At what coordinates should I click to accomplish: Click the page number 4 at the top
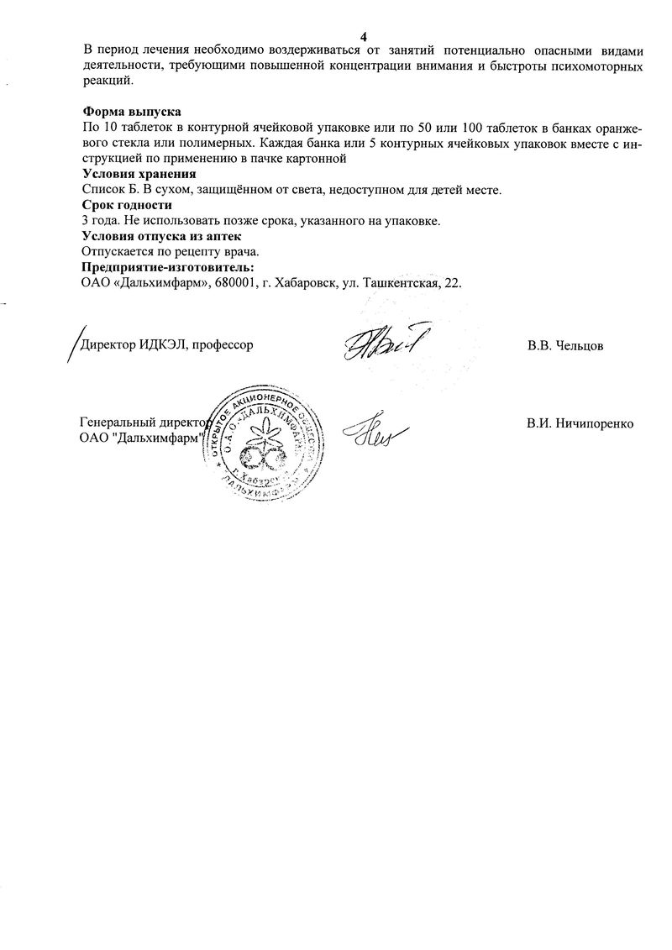364,36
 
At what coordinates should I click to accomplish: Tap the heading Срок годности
127,205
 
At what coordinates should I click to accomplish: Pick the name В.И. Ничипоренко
580,423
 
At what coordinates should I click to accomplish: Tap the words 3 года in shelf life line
102,221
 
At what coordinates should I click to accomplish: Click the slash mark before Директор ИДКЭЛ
72,344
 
